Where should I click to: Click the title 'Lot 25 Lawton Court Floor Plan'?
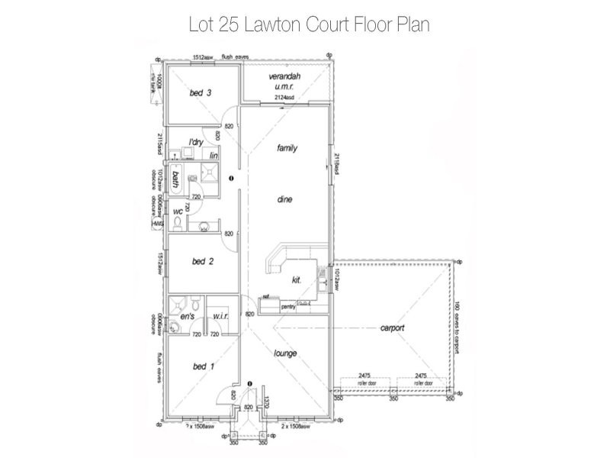tap(309, 24)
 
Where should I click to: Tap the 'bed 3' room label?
tap(201, 93)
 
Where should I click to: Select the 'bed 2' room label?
tap(202, 261)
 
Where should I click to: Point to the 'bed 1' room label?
tap(202, 366)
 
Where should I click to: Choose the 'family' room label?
tap(287, 148)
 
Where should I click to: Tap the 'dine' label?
tap(285, 199)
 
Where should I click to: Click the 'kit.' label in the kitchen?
tap(297, 280)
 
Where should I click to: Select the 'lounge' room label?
tap(285, 353)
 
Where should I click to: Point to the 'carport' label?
tap(392, 328)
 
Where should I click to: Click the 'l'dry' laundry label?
tap(196, 142)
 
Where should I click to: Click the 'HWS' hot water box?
tap(159, 224)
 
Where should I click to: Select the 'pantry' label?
tap(287, 306)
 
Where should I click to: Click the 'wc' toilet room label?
tap(178, 211)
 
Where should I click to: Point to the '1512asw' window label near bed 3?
tap(202, 57)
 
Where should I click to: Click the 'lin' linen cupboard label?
tap(214, 155)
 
